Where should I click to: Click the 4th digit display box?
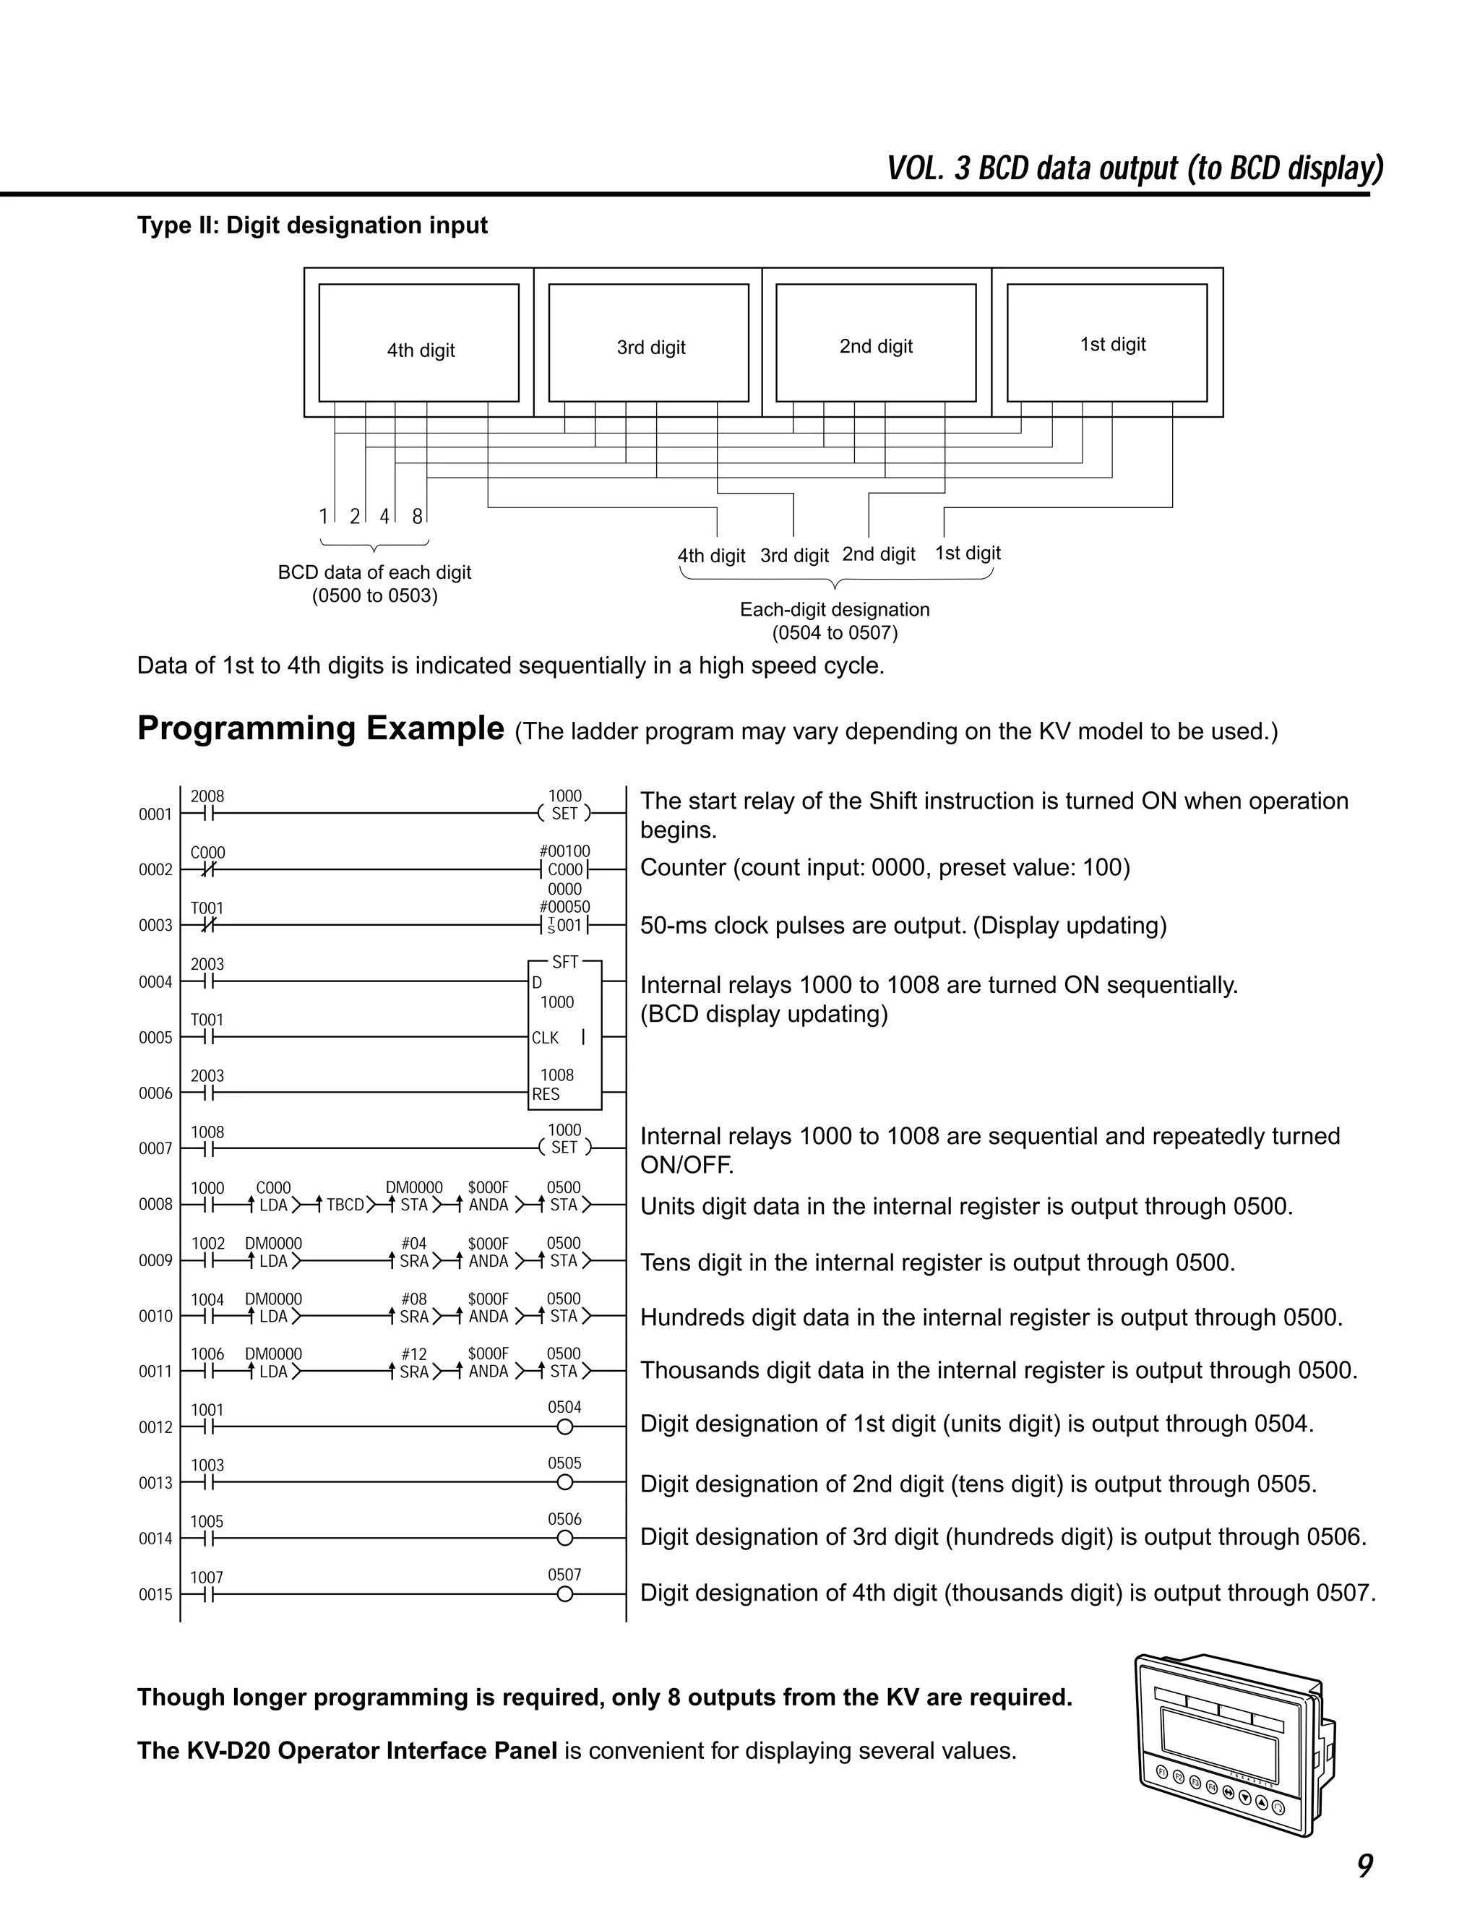418,343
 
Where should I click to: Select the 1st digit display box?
1106,343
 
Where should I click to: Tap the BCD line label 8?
418,517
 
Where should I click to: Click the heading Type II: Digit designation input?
312,225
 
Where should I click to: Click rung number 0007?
155,1149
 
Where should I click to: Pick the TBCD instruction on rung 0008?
345,1205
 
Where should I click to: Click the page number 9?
1364,1866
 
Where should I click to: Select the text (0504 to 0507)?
835,632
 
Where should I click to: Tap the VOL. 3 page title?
1135,168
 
